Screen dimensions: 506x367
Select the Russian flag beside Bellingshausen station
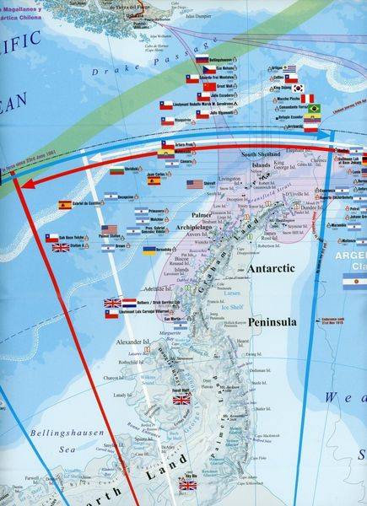click(x=202, y=60)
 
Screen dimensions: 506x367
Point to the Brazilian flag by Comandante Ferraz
click(x=315, y=109)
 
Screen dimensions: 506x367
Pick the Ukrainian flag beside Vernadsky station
click(x=148, y=250)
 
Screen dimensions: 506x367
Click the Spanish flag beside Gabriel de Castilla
click(x=65, y=205)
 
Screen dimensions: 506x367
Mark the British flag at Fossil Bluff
click(x=181, y=400)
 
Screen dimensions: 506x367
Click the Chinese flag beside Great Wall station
click(x=203, y=86)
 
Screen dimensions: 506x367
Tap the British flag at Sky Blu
click(x=187, y=485)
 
